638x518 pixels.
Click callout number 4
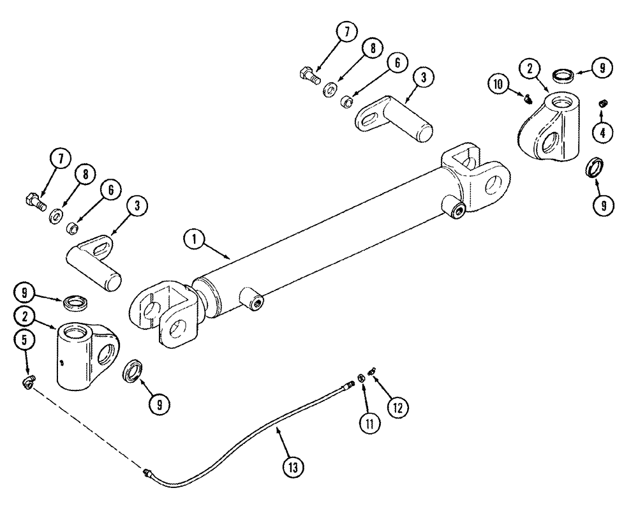click(x=602, y=132)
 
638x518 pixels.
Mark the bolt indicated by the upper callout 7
click(x=308, y=74)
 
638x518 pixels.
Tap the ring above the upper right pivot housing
click(x=561, y=75)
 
